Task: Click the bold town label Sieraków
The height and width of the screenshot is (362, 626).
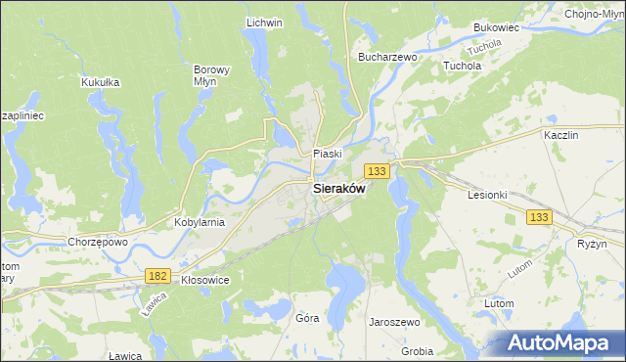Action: (338, 190)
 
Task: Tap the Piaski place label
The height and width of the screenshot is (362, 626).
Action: (327, 154)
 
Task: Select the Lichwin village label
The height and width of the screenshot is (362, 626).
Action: (264, 23)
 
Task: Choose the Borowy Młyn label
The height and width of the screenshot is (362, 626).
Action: (211, 76)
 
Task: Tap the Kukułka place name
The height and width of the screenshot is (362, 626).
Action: (101, 82)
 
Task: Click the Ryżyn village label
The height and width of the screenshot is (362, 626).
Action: (592, 243)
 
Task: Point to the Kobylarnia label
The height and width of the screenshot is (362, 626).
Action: (200, 222)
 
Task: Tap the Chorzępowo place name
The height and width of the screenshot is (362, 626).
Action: (98, 242)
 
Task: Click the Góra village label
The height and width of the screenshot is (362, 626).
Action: (307, 318)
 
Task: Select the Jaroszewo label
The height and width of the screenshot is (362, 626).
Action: (394, 322)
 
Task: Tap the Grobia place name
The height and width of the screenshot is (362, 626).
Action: (417, 350)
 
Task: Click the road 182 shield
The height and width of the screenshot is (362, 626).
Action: (157, 277)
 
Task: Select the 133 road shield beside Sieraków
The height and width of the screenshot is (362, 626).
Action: (380, 171)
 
